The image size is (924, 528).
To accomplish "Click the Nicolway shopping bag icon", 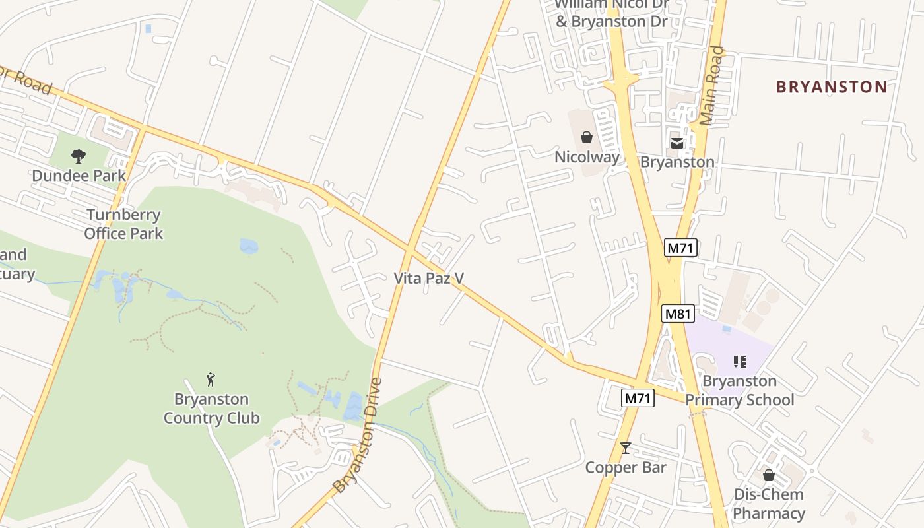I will [586, 137].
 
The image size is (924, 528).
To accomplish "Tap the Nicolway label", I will [587, 157].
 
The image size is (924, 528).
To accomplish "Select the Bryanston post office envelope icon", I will [677, 143].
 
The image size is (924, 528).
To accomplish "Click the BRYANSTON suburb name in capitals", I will [832, 87].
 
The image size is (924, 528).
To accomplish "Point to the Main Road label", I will [711, 86].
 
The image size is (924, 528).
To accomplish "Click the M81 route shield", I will [678, 313].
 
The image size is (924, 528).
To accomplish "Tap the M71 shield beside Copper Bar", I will [638, 398].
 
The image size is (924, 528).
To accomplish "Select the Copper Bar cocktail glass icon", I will [626, 448].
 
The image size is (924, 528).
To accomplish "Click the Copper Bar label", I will [626, 468].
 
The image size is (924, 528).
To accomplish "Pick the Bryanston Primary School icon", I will [740, 362].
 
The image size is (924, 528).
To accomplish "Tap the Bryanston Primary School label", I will [739, 391].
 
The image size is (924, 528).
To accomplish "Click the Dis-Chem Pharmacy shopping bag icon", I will [768, 475].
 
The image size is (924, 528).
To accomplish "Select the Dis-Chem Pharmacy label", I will [769, 504].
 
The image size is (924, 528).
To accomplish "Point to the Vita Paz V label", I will [429, 279].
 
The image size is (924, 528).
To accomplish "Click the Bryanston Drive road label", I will [359, 436].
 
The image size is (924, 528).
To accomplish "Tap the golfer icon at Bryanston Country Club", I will [211, 379].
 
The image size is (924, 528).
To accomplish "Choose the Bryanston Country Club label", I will [211, 409].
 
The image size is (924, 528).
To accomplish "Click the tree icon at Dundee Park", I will [79, 156].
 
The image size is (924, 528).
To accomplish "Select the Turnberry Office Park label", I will [123, 224].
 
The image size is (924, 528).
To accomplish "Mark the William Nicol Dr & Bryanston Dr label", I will [612, 13].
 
